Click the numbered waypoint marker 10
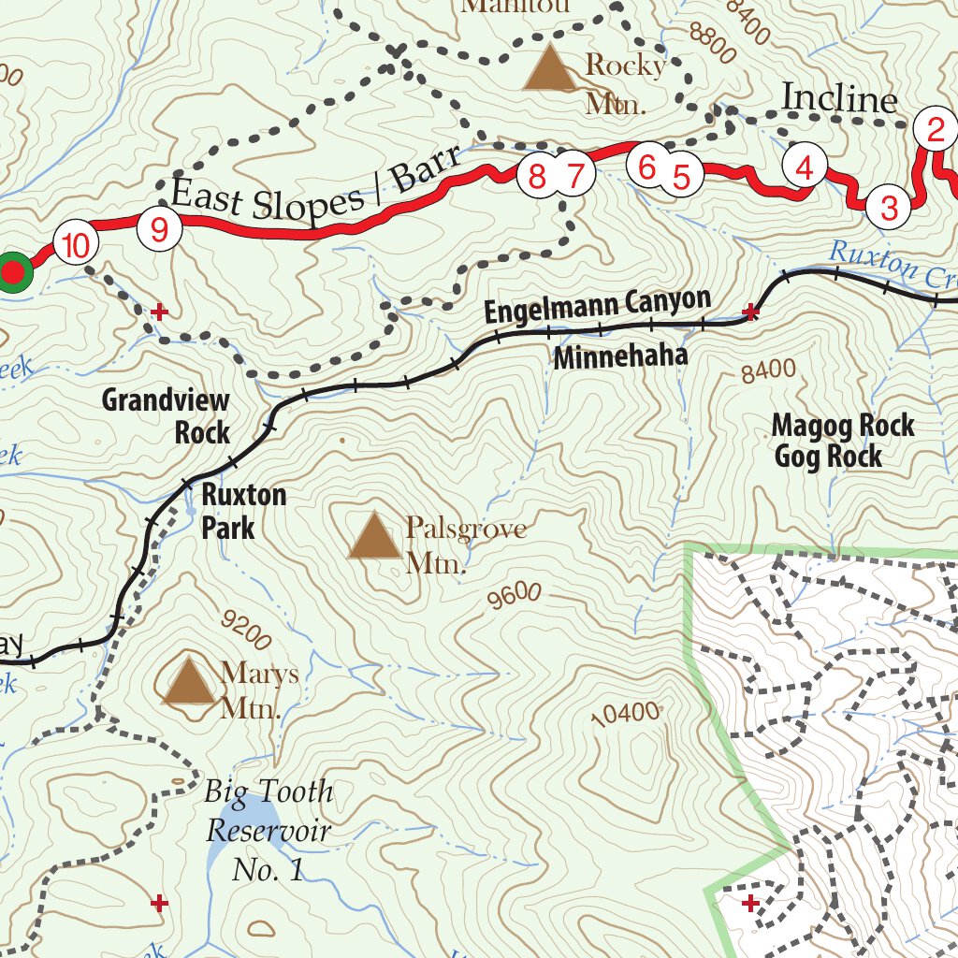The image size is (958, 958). tap(76, 247)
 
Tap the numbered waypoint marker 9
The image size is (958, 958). tap(158, 229)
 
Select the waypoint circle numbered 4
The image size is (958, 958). tap(806, 168)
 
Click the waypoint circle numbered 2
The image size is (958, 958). tap(935, 130)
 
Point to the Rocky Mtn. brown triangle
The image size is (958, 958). tap(549, 69)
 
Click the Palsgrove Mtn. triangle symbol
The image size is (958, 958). tap(374, 536)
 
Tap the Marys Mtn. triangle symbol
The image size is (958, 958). tap(189, 680)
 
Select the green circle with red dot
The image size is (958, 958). tap(12, 272)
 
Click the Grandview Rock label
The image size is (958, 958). tap(166, 416)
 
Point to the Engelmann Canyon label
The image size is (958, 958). tap(597, 306)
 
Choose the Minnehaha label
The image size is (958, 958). tap(620, 356)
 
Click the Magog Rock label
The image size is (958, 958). tap(842, 427)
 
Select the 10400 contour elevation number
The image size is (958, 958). tap(626, 714)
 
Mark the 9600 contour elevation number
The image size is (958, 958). tap(515, 596)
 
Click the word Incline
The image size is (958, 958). tap(839, 99)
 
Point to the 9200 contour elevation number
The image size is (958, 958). tap(246, 630)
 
